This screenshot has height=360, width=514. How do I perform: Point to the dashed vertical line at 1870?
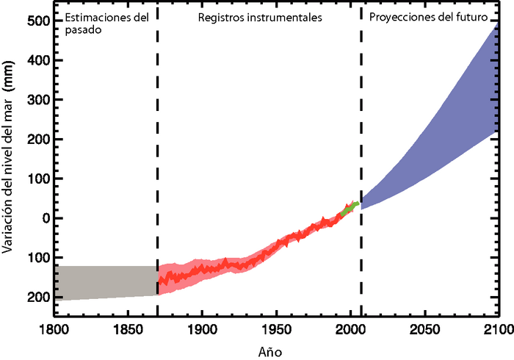tap(157, 184)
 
